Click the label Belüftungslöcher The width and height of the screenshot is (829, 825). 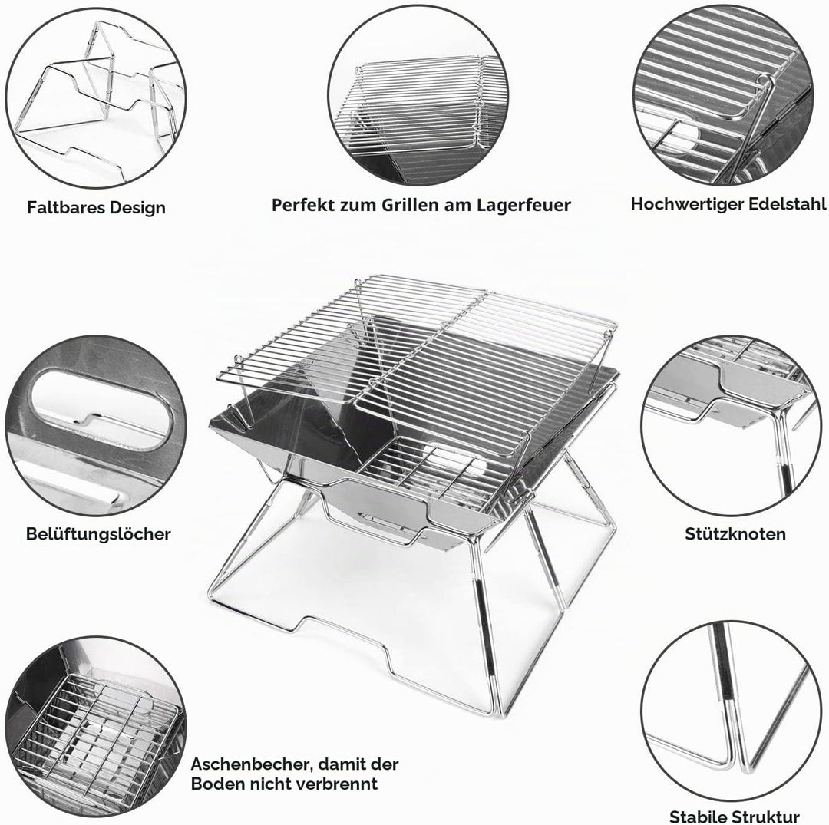98,534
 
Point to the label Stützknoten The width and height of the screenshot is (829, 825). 735,534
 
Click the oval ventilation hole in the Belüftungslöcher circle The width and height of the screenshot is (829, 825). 101,411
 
